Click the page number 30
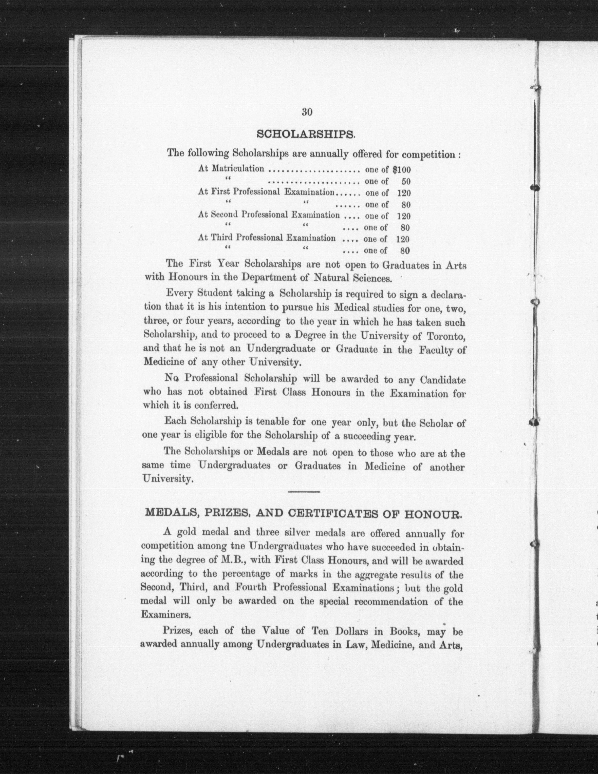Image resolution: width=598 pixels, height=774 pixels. (307, 112)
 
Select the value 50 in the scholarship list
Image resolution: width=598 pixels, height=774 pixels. (406, 181)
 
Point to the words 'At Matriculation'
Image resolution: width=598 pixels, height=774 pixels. (231, 169)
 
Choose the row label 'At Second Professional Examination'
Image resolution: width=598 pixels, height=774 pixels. (269, 215)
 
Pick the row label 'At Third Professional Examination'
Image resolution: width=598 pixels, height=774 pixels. (267, 238)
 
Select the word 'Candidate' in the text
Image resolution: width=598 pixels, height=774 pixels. (442, 380)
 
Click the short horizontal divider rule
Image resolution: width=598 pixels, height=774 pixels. (305, 492)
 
